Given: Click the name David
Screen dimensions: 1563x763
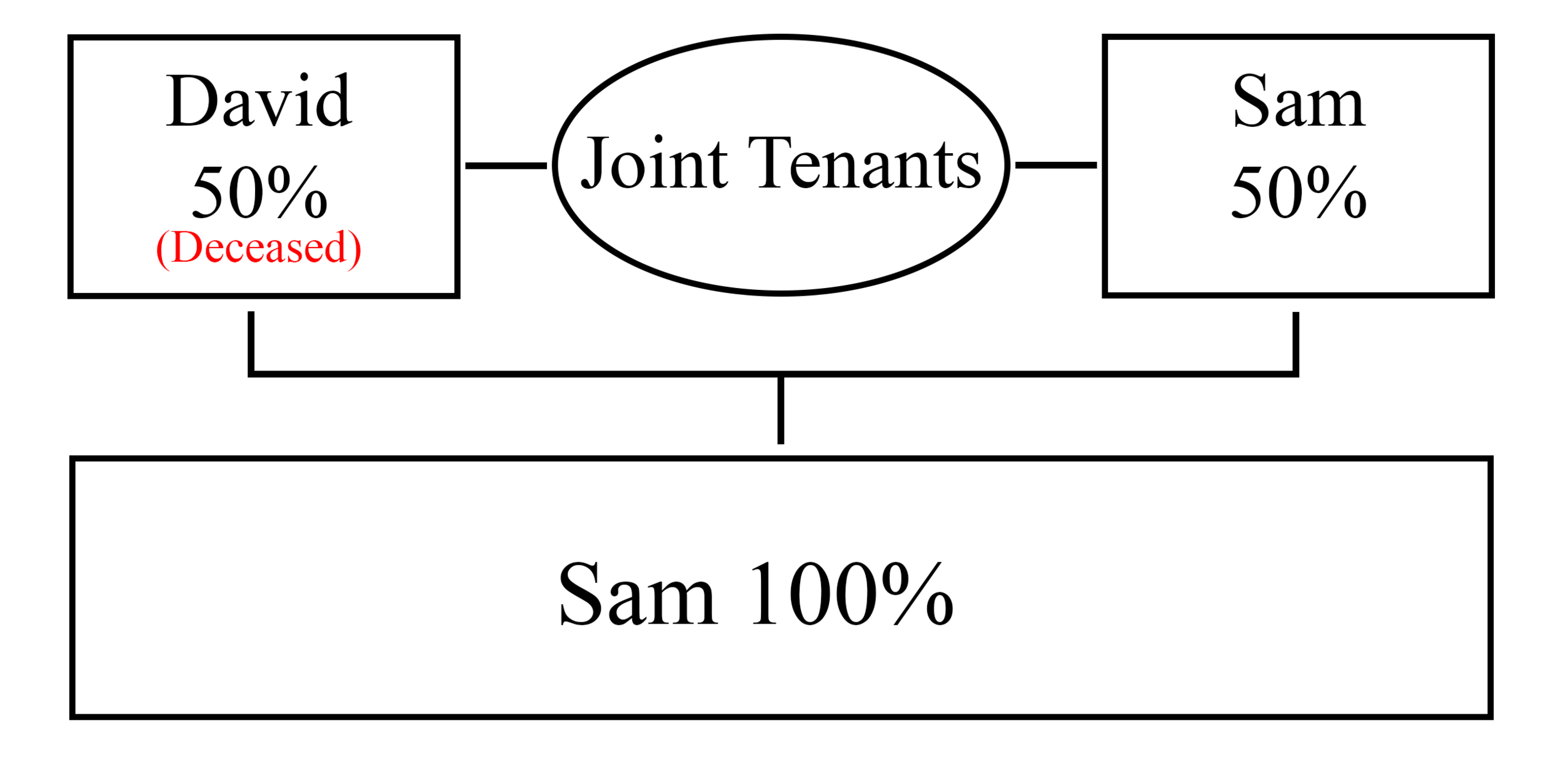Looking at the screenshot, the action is [259, 100].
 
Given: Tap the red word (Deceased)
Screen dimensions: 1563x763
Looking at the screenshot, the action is [258, 248].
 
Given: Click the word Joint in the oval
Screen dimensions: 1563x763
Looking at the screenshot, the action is [655, 162].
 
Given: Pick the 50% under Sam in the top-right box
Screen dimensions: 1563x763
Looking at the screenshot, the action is [1299, 192].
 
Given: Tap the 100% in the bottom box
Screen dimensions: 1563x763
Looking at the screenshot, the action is [852, 592].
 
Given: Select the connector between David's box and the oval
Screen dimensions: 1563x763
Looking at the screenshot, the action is [506, 166].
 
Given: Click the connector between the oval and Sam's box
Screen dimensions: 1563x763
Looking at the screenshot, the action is [1056, 165].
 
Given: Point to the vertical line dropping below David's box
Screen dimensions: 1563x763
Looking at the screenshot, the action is [251, 342].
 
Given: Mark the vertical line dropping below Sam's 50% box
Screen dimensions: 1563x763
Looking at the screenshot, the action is [1296, 343].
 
